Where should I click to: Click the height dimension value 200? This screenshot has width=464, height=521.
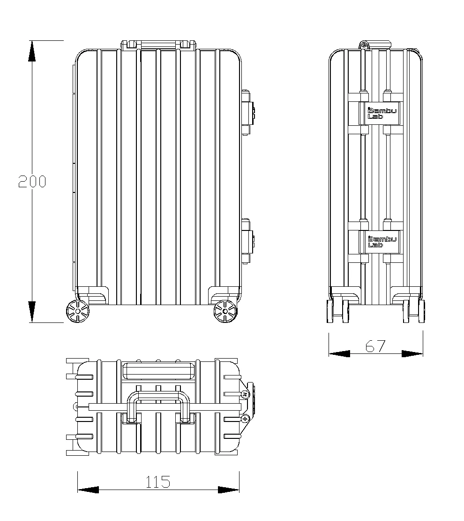click(32, 181)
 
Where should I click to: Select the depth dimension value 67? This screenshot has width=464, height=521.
click(375, 346)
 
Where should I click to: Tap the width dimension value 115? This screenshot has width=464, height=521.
click(157, 482)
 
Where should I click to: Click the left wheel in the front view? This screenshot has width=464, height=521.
click(77, 311)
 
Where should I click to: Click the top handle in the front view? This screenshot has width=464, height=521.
click(158, 45)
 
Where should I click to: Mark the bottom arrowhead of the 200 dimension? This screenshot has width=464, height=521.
click(32, 312)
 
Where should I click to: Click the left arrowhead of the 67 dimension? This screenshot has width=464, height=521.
click(339, 353)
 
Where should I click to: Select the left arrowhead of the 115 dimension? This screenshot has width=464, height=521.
click(88, 490)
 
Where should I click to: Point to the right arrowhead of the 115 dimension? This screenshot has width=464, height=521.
click(229, 490)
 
